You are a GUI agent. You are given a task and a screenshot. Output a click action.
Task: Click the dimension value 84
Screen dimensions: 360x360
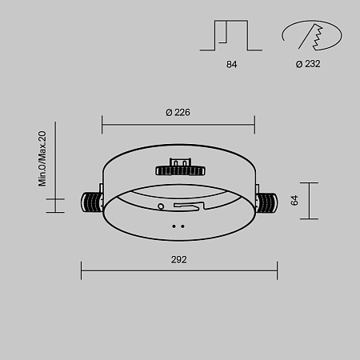232,64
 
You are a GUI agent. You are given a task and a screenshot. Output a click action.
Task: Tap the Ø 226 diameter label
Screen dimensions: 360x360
178,113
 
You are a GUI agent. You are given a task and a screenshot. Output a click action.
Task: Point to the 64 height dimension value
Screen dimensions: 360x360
294,200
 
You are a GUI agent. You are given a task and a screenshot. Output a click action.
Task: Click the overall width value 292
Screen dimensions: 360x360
178,260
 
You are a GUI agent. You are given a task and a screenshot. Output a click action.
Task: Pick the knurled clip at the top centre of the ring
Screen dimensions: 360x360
180,170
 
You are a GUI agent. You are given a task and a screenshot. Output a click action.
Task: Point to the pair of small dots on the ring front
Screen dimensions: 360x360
180,226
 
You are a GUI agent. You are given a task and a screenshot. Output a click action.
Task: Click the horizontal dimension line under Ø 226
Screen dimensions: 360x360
178,124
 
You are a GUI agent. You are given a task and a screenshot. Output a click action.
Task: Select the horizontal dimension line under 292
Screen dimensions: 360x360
178,270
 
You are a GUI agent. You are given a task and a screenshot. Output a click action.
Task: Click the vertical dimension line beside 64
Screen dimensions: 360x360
309,200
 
